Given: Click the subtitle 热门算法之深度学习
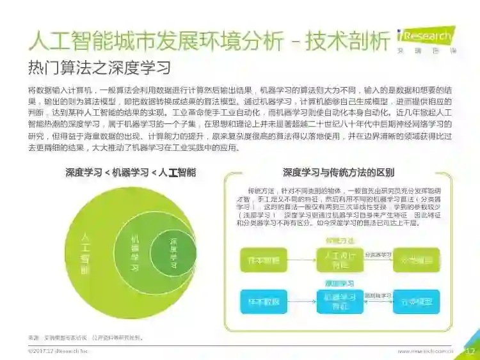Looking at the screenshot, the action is tap(99, 67).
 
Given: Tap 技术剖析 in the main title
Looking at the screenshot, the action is tap(348, 41).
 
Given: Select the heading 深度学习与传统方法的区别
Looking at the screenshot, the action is tap(338, 173).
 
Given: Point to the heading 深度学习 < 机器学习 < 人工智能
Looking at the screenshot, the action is tap(131, 173).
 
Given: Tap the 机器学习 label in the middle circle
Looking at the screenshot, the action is tap(134, 253).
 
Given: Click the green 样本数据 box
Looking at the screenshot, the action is tap(262, 260).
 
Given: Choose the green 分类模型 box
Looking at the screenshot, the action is tap(416, 260).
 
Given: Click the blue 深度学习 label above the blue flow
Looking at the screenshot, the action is tap(340, 283).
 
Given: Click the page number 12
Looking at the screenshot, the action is tap(468, 350).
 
